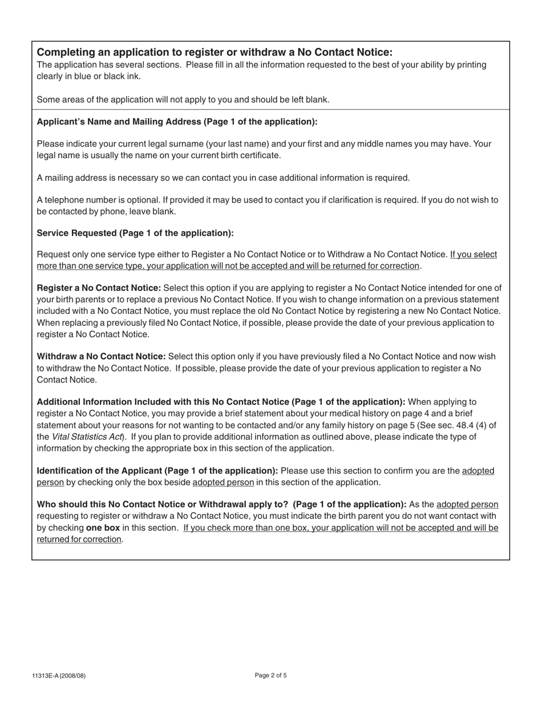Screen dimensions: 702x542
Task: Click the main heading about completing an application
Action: pos(215,53)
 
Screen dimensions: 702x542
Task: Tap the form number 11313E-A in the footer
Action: pos(59,676)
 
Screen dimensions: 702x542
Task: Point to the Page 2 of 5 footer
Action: pos(270,676)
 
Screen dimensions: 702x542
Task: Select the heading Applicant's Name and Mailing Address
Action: pos(177,122)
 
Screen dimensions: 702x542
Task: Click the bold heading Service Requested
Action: pos(135,233)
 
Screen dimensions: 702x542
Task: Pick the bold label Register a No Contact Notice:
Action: pos(99,288)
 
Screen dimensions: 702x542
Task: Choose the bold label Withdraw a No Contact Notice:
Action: pos(101,357)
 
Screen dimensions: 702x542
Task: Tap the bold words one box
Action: pos(103,528)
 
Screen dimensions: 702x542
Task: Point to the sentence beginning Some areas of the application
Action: pos(183,99)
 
